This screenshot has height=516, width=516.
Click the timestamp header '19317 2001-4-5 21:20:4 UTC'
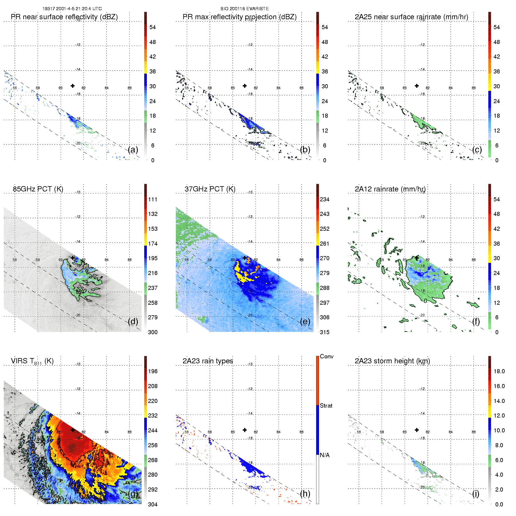coord(72,9)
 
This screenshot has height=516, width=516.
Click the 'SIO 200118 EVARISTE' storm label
coord(244,9)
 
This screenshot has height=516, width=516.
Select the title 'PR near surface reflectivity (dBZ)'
coord(64,17)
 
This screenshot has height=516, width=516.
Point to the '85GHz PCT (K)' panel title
coord(38,189)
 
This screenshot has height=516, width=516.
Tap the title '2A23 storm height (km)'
coord(392,361)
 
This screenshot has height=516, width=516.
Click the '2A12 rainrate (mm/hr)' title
coord(390,189)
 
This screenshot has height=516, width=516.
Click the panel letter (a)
coord(133,150)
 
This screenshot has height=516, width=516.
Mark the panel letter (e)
coord(305,322)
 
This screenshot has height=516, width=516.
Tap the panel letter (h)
coord(305,494)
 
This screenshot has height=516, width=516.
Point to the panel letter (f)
coord(477,322)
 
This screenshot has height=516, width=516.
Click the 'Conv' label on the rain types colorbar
coord(327,356)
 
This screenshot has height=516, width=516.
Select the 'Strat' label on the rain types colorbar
coord(326,406)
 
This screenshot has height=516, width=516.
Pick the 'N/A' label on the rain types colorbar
coord(325,455)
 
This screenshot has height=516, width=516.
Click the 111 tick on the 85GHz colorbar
coord(153,199)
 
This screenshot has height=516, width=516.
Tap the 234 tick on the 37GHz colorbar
coord(325,199)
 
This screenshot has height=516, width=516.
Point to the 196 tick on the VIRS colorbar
coord(153,371)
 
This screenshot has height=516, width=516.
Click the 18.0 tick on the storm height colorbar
coord(499,371)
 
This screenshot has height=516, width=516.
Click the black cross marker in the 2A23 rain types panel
coord(245,430)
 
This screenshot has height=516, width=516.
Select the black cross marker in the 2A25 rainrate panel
coord(417,86)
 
